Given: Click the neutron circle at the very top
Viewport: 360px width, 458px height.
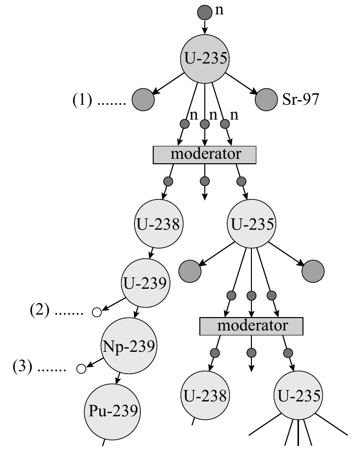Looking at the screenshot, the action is [x=205, y=12].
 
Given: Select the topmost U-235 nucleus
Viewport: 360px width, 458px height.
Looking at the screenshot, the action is [x=205, y=59].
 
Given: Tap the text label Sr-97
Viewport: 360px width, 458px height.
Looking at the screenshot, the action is [x=300, y=99].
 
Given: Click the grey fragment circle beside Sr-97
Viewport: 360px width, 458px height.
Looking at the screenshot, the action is [x=266, y=100].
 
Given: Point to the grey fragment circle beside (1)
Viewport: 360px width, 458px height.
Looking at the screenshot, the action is [x=143, y=100].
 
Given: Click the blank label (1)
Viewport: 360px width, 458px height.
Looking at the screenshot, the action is [x=82, y=100].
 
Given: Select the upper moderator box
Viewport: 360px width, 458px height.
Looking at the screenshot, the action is [x=205, y=155].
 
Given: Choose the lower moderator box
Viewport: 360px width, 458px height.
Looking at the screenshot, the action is [x=251, y=327].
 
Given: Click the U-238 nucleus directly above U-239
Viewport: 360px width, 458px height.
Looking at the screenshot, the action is [x=159, y=224].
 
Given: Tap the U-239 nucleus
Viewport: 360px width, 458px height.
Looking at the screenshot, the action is [x=145, y=283].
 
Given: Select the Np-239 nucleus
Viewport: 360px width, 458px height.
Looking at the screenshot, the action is [x=129, y=346].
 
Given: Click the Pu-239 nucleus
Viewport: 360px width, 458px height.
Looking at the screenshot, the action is [x=113, y=412].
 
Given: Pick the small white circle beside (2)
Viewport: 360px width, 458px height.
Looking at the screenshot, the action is [x=97, y=312].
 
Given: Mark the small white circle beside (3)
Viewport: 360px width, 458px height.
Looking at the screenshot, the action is [x=81, y=369].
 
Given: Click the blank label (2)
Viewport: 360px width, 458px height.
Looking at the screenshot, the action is [x=40, y=310].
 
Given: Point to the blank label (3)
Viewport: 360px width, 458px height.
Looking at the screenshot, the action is [x=22, y=366].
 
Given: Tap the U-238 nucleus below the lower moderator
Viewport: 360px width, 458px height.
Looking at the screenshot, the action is [x=205, y=395].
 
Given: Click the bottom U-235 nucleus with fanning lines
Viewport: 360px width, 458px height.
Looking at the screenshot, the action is [x=298, y=395].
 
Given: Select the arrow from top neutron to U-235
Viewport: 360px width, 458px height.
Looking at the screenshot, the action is [x=205, y=27].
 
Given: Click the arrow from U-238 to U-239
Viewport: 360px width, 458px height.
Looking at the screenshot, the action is [x=151, y=254].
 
